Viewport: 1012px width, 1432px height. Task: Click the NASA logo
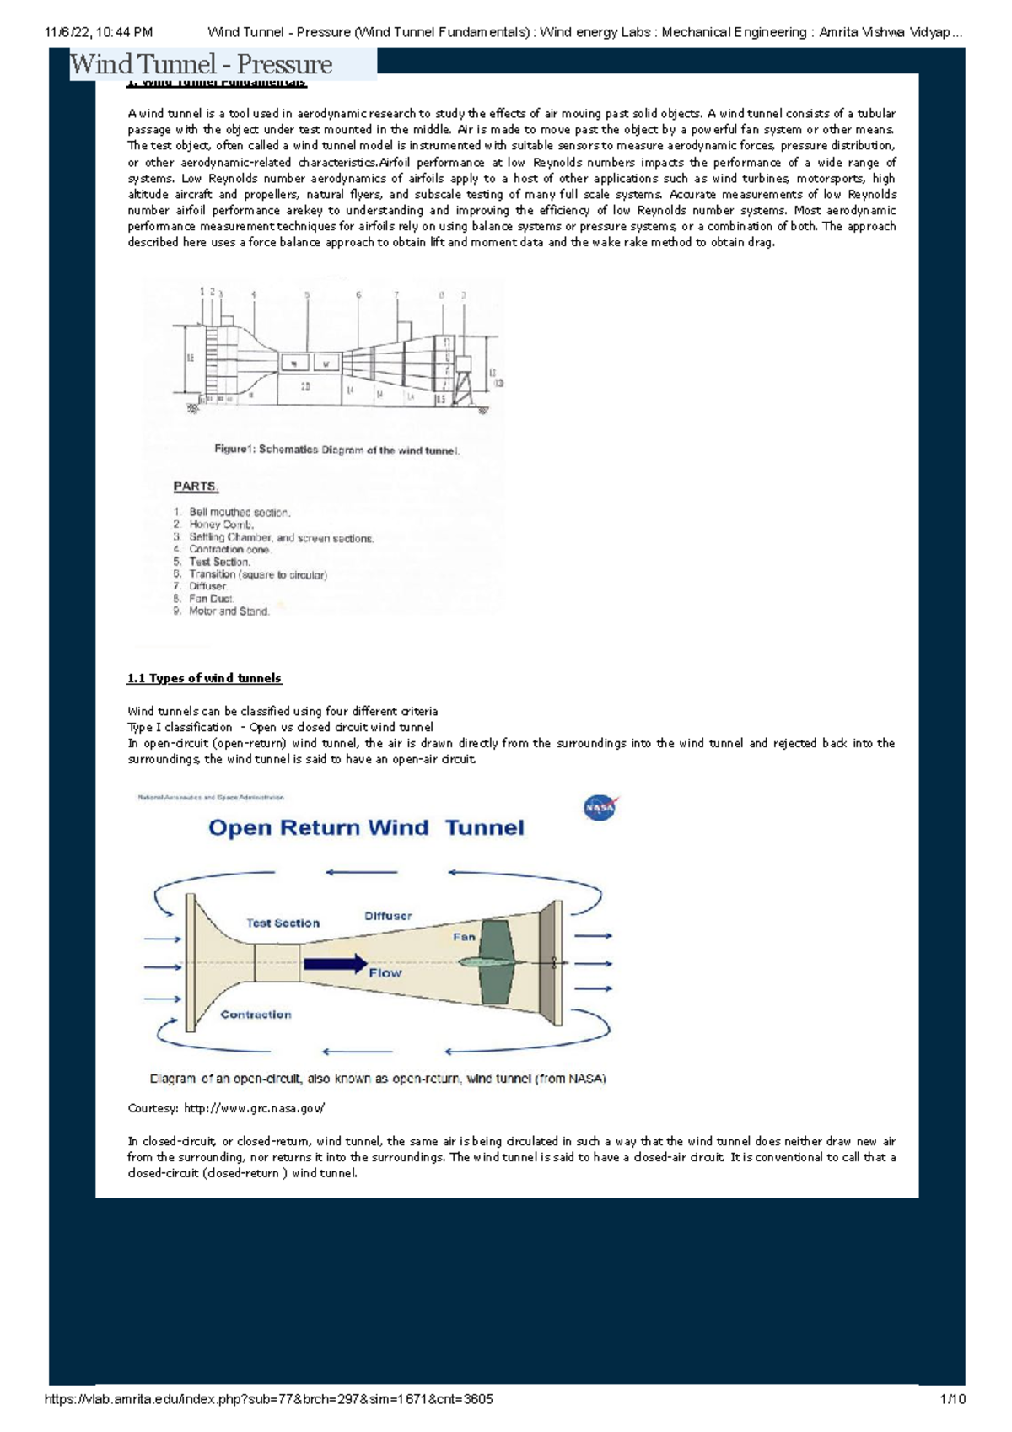600,808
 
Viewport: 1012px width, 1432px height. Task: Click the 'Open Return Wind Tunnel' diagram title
366,828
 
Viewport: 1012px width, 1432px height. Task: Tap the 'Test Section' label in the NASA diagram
283,923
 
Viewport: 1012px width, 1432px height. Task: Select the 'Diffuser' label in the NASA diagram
388,916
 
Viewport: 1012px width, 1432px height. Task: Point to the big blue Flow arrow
336,964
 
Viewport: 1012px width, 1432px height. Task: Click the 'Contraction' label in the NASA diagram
256,1015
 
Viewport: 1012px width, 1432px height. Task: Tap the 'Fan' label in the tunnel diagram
464,937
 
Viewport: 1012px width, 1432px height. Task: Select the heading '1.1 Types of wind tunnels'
204,678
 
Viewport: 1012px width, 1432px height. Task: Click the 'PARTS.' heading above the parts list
196,487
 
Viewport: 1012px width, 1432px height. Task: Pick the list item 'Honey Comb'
221,525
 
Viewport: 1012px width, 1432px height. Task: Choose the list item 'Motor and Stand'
229,611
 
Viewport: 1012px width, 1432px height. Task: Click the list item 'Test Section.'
219,562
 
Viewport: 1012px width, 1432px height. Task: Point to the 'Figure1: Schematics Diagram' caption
336,450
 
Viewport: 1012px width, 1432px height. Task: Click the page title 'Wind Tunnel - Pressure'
202,64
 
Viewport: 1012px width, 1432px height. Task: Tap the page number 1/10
952,1399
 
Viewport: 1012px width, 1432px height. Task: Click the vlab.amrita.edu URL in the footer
268,1399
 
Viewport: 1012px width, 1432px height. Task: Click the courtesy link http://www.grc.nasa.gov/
254,1108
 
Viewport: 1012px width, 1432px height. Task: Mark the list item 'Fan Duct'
211,599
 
